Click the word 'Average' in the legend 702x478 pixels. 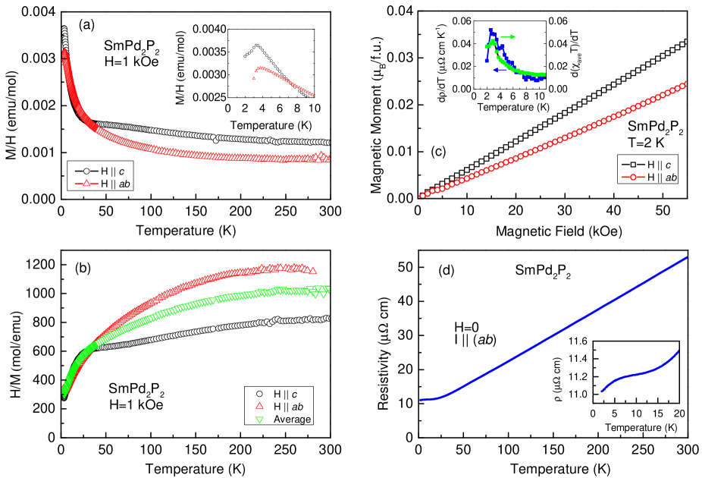tap(292, 419)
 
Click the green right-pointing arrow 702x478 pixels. tap(509, 36)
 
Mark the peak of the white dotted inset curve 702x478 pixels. tap(257, 45)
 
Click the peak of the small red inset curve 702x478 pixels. tap(259, 68)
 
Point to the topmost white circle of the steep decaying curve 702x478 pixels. tap(64, 29)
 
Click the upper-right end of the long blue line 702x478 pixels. tap(686, 258)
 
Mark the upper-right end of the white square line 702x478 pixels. tap(686, 42)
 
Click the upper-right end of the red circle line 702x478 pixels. tap(686, 84)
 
